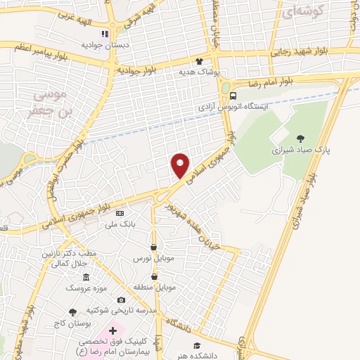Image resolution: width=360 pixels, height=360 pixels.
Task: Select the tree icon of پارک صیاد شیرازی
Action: coord(301,138)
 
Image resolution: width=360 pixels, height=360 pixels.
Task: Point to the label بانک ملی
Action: coord(118,223)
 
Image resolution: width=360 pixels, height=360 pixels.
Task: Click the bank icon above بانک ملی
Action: coord(119,212)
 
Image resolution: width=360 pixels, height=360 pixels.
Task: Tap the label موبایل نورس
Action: coord(153,258)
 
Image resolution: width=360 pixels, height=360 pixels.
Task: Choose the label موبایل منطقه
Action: coord(153,288)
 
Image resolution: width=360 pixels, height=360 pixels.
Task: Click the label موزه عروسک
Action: coord(84,288)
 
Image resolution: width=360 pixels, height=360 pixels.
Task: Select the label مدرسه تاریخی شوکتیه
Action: coord(120,310)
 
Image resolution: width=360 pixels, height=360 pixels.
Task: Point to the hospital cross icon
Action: coord(113,330)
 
